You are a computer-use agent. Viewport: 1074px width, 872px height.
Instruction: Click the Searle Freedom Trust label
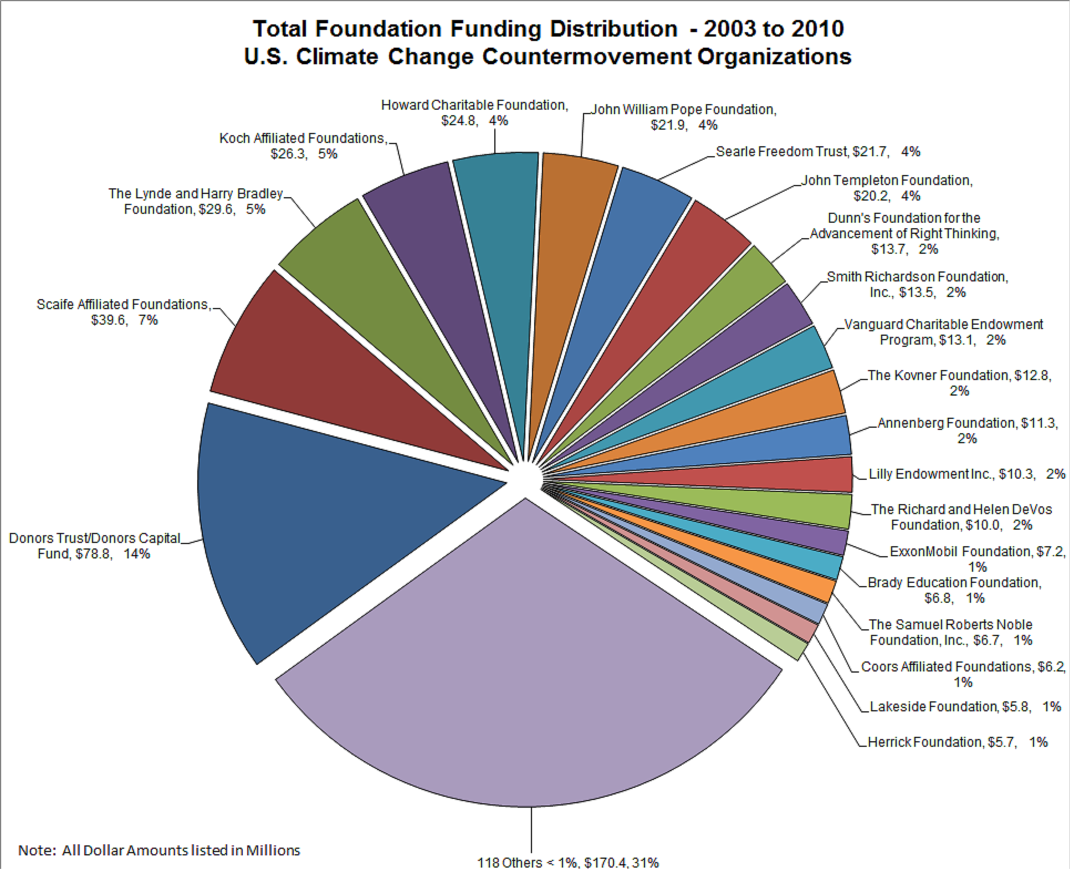[x=817, y=152]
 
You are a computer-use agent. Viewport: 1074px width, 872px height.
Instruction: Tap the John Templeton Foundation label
[x=887, y=188]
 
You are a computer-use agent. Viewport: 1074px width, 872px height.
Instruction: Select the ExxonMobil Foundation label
[x=978, y=558]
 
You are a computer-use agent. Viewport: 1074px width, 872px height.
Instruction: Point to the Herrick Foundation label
[x=957, y=742]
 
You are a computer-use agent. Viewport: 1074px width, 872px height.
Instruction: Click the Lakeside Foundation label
[x=965, y=707]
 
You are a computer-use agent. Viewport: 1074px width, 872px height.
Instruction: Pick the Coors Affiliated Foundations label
[x=963, y=674]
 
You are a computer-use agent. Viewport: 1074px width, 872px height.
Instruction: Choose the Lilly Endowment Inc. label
[x=966, y=474]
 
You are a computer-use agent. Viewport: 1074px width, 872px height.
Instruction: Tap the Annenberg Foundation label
[x=968, y=430]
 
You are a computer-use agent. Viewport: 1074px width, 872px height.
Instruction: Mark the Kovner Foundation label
[x=959, y=383]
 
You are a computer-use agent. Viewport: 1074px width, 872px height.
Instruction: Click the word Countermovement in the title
[x=586, y=57]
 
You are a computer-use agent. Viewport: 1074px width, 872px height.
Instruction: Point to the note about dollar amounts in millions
[x=159, y=850]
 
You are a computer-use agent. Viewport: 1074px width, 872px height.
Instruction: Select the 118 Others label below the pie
[x=568, y=863]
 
